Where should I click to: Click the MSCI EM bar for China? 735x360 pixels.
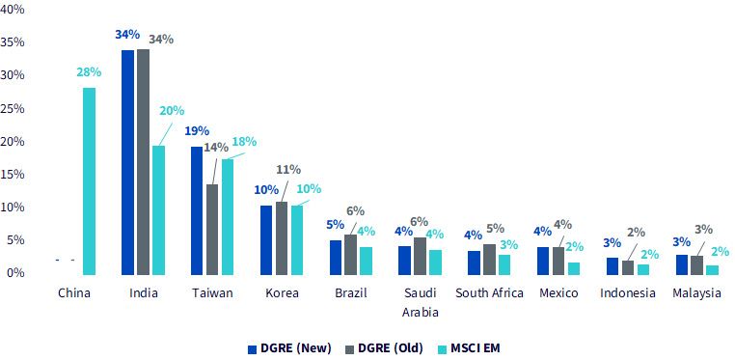tap(89, 180)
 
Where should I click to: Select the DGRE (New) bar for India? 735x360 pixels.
tap(127, 162)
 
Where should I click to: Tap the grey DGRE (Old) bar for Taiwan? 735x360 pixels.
tap(212, 229)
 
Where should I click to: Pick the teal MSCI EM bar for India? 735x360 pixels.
tap(158, 210)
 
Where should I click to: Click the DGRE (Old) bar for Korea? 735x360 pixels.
tap(282, 238)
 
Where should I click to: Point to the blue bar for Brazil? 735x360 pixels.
tap(336, 258)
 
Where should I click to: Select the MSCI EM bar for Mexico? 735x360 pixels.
tap(574, 268)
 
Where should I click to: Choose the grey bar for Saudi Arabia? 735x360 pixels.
tap(420, 256)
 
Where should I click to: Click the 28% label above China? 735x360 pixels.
tap(89, 72)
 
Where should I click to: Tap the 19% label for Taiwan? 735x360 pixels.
tap(197, 131)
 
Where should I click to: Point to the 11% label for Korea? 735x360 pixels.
tap(288, 169)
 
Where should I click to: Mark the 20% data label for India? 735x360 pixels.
tap(173, 111)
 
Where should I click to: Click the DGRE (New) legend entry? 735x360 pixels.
tap(289, 348)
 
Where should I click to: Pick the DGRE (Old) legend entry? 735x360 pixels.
tap(384, 348)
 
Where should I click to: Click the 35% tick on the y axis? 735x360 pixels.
tap(13, 42)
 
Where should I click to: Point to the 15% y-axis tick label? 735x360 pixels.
tap(13, 175)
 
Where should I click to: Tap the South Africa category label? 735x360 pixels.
tap(489, 293)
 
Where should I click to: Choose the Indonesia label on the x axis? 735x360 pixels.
tap(628, 293)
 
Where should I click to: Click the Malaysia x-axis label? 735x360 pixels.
tap(696, 294)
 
